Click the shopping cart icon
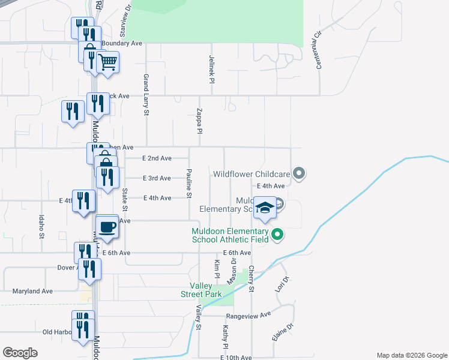coord(108,62)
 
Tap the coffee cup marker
coord(107,227)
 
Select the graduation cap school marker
coord(265,208)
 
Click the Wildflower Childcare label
coord(252,174)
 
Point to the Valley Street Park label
coord(202,290)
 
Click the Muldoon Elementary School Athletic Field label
coord(230,235)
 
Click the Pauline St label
coord(188,184)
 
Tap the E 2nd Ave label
coord(157,158)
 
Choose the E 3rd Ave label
coord(157,178)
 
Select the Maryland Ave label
coord(32,291)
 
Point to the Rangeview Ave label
coord(249,314)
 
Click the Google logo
coord(20,353)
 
